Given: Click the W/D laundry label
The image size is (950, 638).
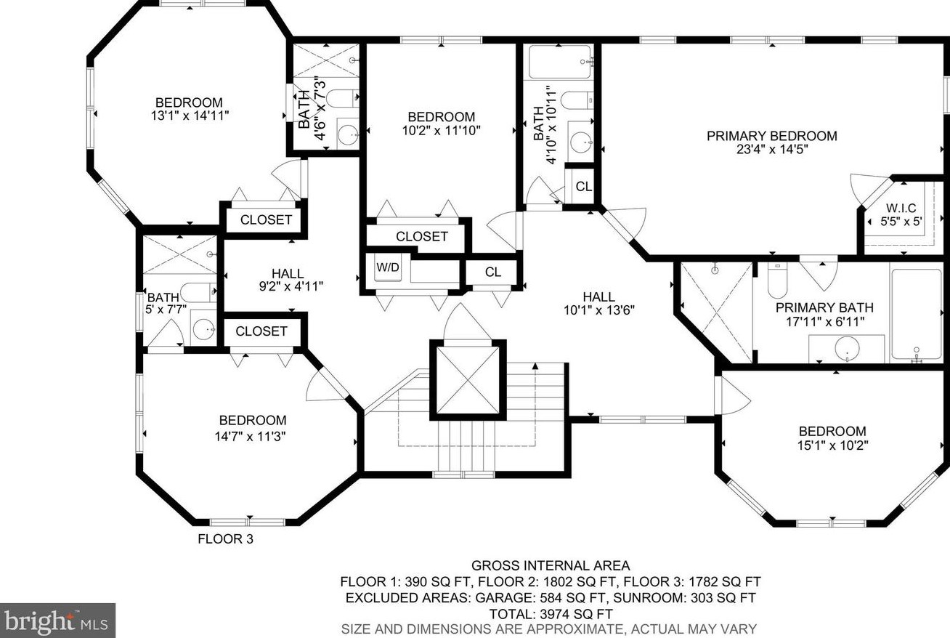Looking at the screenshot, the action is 388,267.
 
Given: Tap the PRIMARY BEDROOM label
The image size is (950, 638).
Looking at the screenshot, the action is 772,136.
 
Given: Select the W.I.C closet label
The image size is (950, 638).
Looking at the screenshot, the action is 901,209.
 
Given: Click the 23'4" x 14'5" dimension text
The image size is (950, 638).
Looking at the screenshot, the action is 772,150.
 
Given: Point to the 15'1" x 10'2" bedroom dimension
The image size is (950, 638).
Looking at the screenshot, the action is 832,445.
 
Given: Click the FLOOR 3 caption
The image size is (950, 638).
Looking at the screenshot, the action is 225,539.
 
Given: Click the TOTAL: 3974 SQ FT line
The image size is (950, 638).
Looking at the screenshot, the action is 551,614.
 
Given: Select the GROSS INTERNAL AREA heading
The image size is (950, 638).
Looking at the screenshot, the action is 551,565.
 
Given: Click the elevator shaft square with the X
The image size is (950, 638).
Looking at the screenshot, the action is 468,380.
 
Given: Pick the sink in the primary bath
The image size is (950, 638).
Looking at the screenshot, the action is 847,348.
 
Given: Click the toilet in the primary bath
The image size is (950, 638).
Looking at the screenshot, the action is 777,280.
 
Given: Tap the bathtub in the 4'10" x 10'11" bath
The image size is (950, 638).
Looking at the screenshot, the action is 560,62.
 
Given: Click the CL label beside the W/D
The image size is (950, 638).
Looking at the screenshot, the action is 493,272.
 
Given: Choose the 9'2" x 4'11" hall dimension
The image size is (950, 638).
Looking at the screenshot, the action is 291,286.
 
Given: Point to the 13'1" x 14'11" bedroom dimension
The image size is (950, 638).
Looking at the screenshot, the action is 190,116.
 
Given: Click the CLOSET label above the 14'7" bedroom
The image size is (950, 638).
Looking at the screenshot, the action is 261,331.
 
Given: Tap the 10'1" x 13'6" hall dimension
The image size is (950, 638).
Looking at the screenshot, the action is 599,310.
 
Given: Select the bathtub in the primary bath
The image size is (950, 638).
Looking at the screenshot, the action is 917,315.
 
